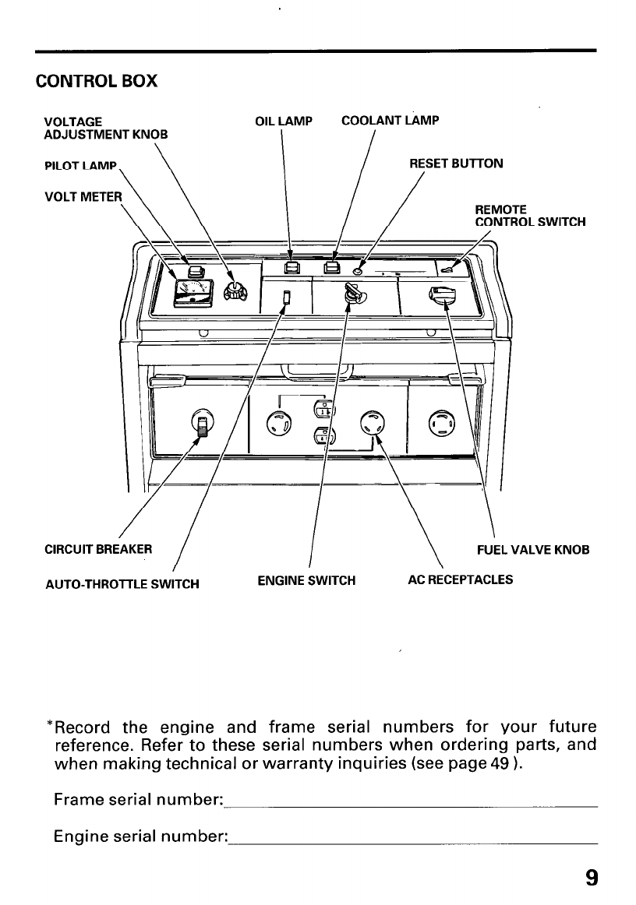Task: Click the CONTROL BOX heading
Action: [97, 81]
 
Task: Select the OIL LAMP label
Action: [284, 121]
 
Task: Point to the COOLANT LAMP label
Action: [390, 121]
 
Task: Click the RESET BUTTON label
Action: [456, 164]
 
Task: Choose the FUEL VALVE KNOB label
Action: [532, 550]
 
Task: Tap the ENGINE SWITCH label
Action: [306, 580]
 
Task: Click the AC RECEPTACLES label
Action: [461, 580]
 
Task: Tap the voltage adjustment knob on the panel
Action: [234, 291]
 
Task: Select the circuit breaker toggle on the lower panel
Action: [201, 425]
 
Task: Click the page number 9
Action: [592, 879]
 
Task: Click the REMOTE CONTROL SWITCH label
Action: [530, 216]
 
